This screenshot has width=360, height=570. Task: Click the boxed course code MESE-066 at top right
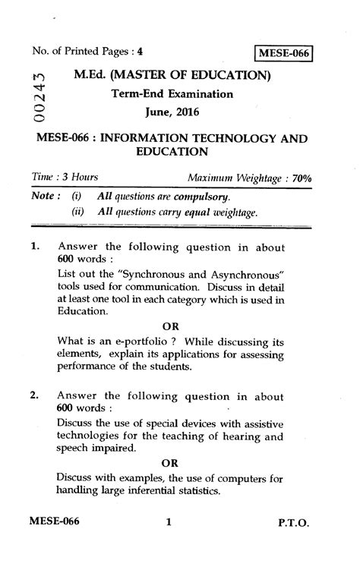286,54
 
